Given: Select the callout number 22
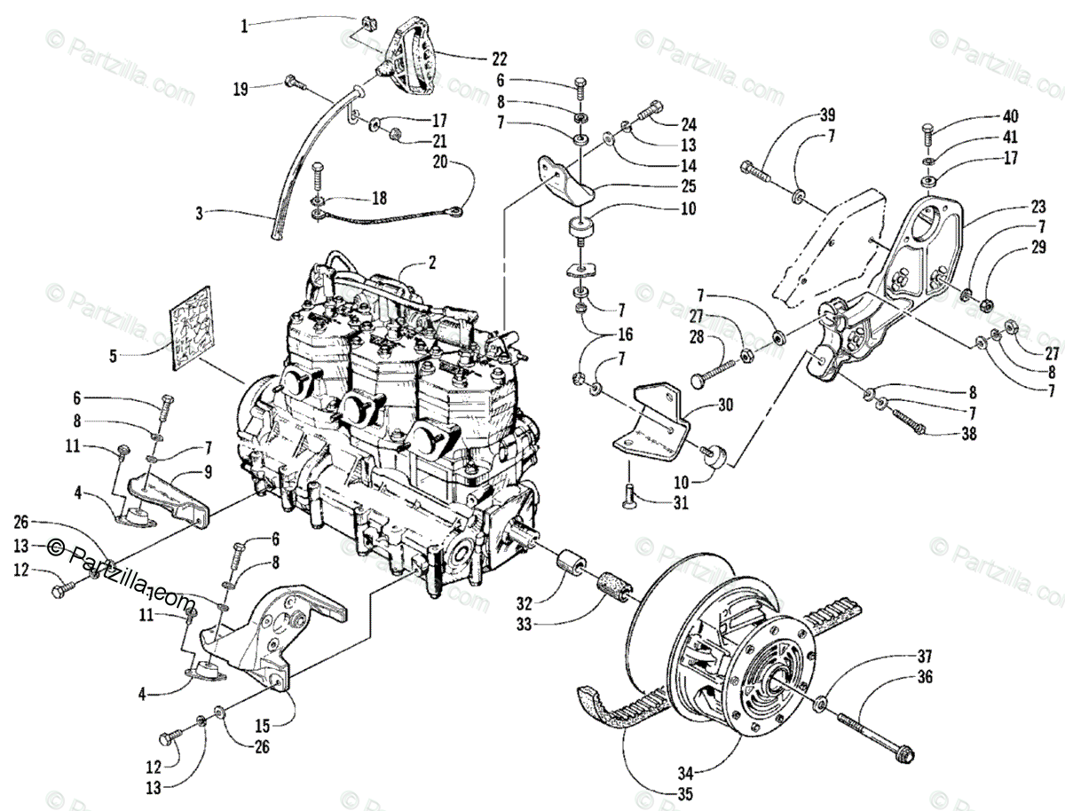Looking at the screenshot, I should [499, 59].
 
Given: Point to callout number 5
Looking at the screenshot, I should [113, 357].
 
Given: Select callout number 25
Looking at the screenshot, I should [690, 187].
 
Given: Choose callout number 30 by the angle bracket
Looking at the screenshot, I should [725, 405].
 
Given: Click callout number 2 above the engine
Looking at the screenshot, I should [432, 263].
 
